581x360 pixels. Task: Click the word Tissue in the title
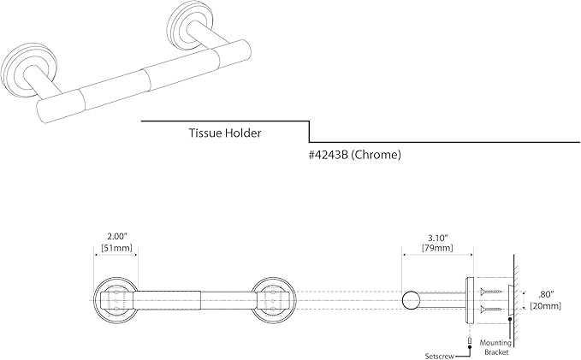coord(205,133)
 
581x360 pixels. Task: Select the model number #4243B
coord(328,155)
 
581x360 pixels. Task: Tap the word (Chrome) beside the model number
coord(376,155)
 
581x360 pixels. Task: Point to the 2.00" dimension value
coord(117,236)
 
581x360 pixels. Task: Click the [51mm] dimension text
coord(116,247)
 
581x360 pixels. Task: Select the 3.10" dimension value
coord(438,237)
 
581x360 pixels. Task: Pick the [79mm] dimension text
coord(437,248)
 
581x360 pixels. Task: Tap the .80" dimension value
coord(546,295)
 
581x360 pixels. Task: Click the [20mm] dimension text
coord(546,306)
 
